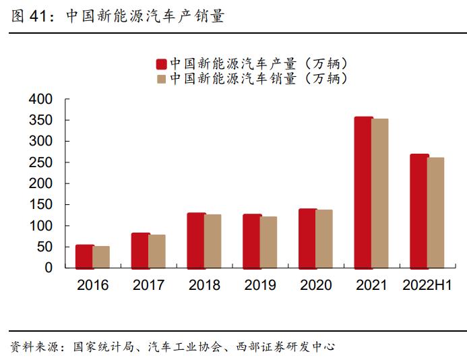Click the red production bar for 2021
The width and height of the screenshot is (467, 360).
click(x=363, y=192)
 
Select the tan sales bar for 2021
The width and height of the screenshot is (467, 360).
click(x=380, y=193)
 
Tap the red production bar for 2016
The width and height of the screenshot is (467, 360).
click(x=84, y=256)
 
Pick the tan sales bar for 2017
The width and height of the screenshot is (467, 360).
click(x=157, y=251)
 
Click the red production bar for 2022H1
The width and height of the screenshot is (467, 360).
click(x=419, y=211)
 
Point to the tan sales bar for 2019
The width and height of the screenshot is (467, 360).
click(x=268, y=242)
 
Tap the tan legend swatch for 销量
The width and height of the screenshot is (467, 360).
click(x=161, y=79)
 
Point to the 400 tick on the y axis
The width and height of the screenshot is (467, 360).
click(x=40, y=99)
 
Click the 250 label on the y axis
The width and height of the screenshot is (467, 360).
click(x=40, y=162)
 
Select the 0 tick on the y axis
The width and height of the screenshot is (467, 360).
click(x=48, y=268)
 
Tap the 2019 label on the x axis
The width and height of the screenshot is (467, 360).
click(x=259, y=285)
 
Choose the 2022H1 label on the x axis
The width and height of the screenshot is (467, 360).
click(x=427, y=285)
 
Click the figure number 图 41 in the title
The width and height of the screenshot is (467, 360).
click(x=29, y=17)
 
